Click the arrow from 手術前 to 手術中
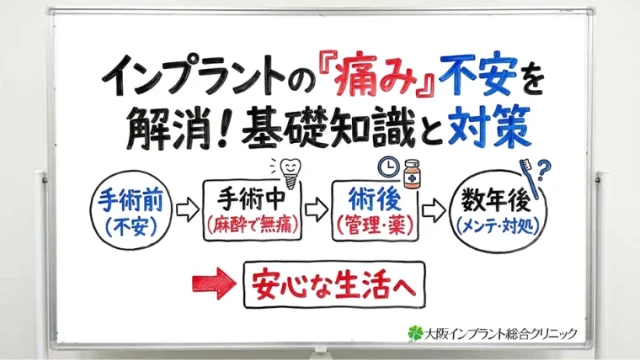pyautogui.click(x=187, y=211)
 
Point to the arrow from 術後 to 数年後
pyautogui.click(x=433, y=211)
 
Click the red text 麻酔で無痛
pyautogui.click(x=250, y=227)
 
